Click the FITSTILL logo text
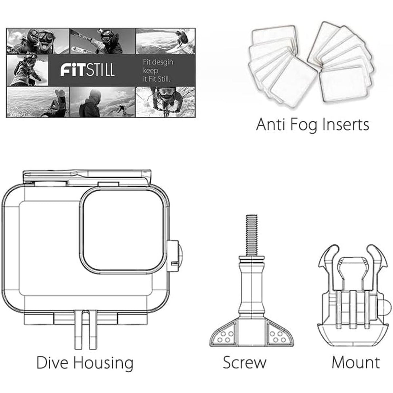coord(87,70)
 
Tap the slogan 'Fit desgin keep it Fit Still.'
coord(158,70)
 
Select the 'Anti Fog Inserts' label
coord(313,124)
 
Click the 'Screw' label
coord(244,363)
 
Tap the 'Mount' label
coord(356,363)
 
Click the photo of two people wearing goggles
coord(38,40)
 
